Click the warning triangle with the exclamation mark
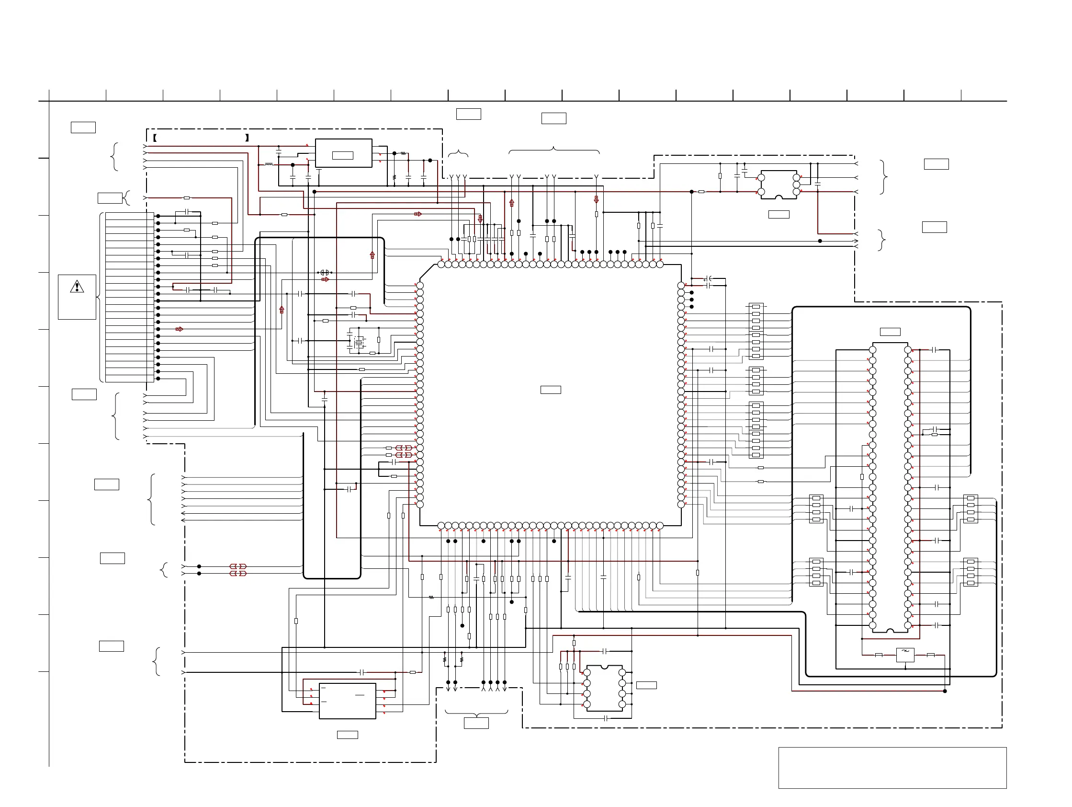pyautogui.click(x=77, y=287)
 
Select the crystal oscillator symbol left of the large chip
pyautogui.click(x=358, y=343)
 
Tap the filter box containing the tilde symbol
pyautogui.click(x=905, y=655)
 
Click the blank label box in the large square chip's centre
pyautogui.click(x=551, y=390)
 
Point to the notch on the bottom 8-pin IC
pyautogui.click(x=604, y=667)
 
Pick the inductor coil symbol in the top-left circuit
pyautogui.click(x=269, y=165)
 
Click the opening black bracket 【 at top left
pyautogui.click(x=155, y=138)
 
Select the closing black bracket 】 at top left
pyautogui.click(x=247, y=138)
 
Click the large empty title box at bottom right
pyautogui.click(x=892, y=768)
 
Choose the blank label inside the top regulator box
pyautogui.click(x=343, y=155)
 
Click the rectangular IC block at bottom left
pyautogui.click(x=347, y=701)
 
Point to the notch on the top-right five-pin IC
pyautogui.click(x=779, y=197)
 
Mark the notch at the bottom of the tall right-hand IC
pyautogui.click(x=890, y=631)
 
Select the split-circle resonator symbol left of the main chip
pyautogui.click(x=325, y=273)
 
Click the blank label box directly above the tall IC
pyautogui.click(x=890, y=332)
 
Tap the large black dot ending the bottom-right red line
pyautogui.click(x=945, y=691)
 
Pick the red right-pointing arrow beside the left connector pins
pyautogui.click(x=180, y=329)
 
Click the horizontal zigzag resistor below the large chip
pyautogui.click(x=431, y=598)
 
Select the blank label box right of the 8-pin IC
pyautogui.click(x=646, y=685)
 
